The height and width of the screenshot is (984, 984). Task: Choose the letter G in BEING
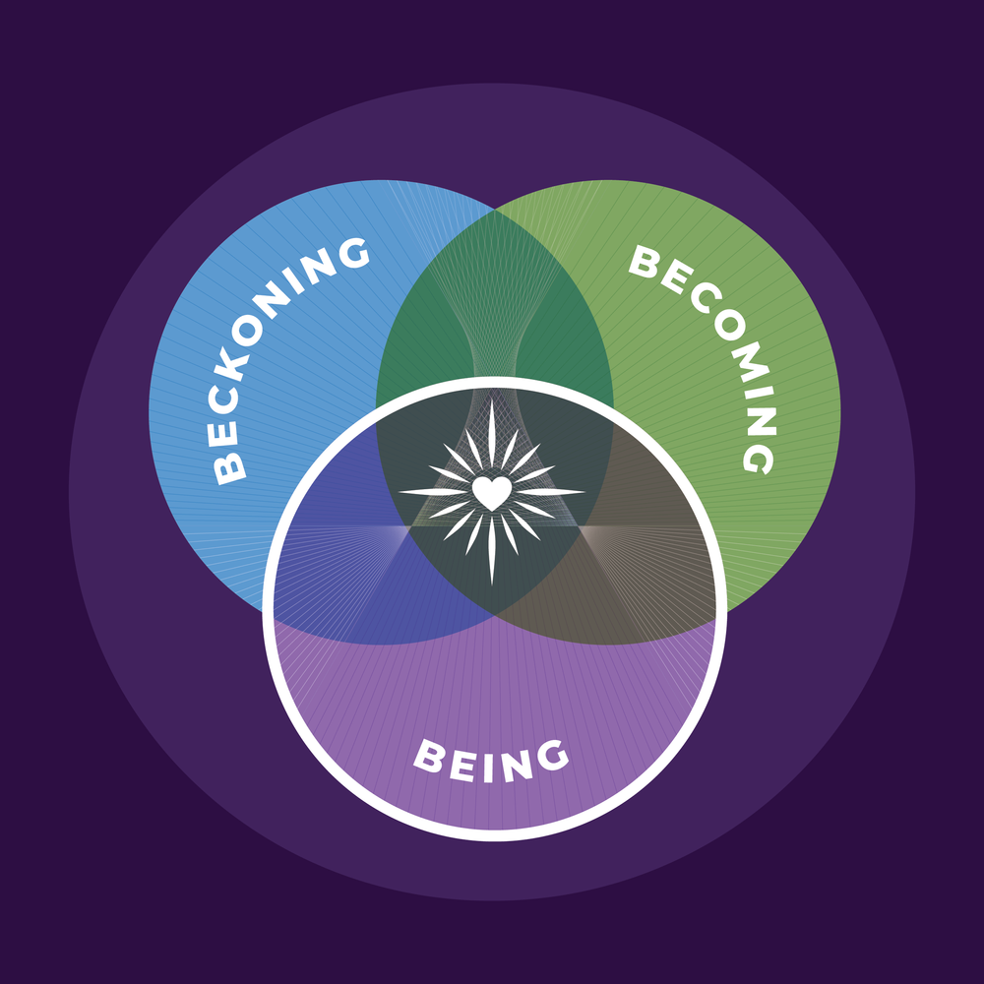point(552,756)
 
